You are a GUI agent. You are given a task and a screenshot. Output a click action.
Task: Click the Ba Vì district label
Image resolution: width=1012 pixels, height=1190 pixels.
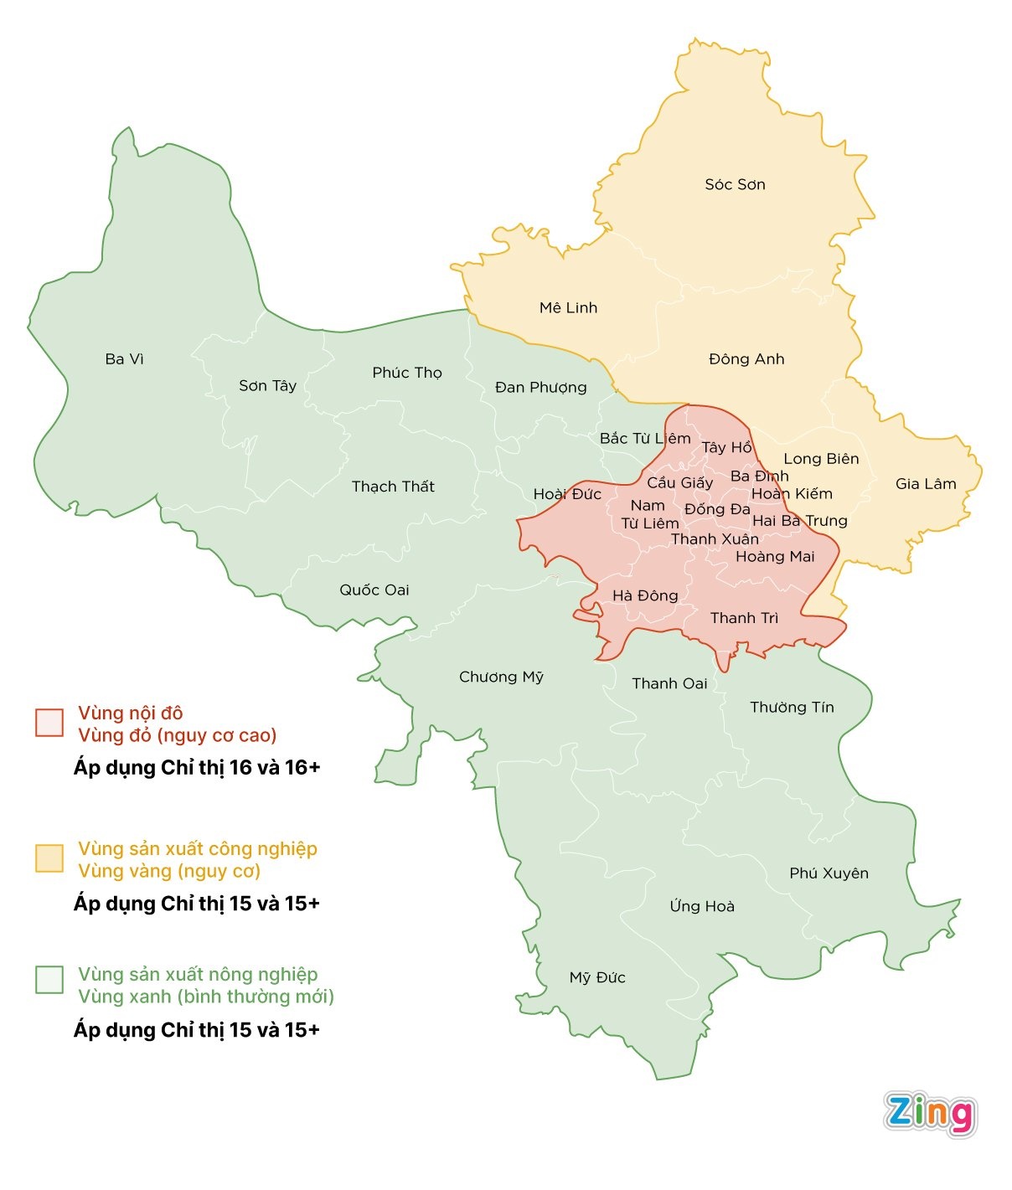coord(125,359)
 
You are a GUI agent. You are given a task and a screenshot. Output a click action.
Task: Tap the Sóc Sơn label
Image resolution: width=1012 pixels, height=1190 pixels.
coord(735,184)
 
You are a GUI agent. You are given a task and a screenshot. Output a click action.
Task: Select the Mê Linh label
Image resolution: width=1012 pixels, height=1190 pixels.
coord(568,308)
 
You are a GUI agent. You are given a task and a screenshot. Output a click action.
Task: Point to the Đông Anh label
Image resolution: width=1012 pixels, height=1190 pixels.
coord(746,359)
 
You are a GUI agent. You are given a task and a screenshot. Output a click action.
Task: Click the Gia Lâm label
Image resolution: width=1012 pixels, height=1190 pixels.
coord(926,484)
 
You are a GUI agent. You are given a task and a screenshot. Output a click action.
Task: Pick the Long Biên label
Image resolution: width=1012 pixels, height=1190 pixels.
coord(821,459)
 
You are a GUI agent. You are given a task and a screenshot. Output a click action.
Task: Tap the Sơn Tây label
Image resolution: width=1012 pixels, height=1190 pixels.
coord(267,386)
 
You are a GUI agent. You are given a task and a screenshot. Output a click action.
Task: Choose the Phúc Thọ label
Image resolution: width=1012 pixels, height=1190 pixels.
coord(407,373)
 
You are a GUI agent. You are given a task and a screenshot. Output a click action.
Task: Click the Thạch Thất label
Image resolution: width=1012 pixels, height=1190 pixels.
coord(393,487)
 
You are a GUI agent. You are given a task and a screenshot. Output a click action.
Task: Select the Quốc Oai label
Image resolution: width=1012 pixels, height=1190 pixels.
coord(374,590)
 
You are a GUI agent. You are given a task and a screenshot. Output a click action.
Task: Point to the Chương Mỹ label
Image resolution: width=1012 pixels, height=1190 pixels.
coord(501,677)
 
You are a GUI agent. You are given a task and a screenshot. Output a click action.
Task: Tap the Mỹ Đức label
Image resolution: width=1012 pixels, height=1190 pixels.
coord(597,977)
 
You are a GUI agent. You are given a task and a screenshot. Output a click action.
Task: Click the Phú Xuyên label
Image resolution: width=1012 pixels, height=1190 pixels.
coord(829,873)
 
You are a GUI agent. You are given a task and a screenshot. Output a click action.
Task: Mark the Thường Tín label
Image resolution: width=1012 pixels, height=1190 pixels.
coord(792,708)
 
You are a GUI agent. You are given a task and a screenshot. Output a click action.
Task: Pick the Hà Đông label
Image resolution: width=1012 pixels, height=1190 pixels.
coord(645,596)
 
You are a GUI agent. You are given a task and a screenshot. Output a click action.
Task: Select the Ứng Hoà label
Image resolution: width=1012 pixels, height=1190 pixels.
coord(702,906)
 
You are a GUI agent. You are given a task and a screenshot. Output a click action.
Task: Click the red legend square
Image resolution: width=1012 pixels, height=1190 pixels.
coord(49,723)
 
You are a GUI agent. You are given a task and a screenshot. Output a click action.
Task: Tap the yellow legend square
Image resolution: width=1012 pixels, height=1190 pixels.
coord(49,858)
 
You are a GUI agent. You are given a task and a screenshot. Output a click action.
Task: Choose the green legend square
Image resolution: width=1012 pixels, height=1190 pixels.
coord(49,980)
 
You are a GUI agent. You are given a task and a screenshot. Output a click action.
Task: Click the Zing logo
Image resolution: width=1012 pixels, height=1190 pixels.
coord(930,1114)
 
